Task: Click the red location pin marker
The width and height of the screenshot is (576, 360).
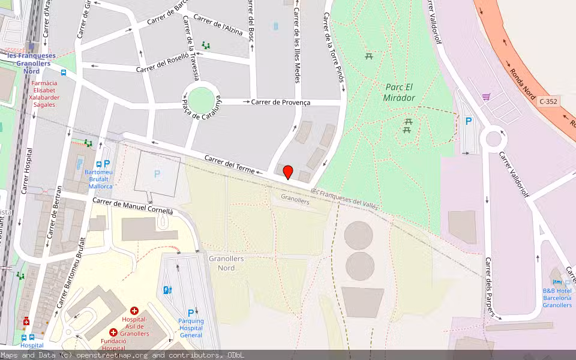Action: pyautogui.click(x=288, y=172)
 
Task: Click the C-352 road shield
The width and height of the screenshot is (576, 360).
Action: pyautogui.click(x=548, y=101)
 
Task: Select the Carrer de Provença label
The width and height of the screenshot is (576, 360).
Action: pyautogui.click(x=280, y=103)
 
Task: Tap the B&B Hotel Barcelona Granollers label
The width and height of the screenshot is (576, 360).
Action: pyautogui.click(x=557, y=298)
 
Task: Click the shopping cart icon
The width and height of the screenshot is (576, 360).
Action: pyautogui.click(x=486, y=96)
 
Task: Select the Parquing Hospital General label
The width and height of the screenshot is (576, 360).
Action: pyautogui.click(x=191, y=328)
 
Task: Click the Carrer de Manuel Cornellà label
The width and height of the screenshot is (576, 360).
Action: pyautogui.click(x=132, y=206)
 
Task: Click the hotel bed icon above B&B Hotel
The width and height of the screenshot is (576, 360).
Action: pyautogui.click(x=557, y=281)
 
